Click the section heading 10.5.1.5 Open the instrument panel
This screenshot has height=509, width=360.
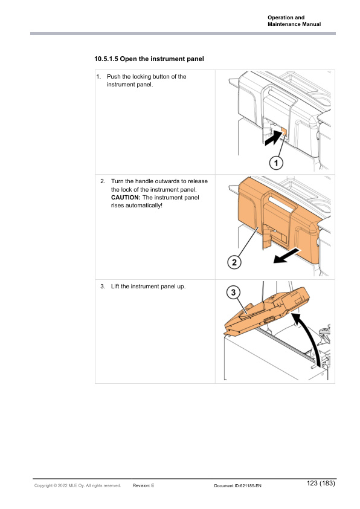point(149,59)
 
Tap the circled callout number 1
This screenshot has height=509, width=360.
point(276,163)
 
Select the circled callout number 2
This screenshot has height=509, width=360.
point(234,262)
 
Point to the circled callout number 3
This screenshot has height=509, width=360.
point(233,293)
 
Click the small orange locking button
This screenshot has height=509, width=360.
point(284,131)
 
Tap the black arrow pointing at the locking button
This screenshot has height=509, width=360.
point(273,138)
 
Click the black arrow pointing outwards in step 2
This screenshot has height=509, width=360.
point(287,256)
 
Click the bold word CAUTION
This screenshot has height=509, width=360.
point(126,197)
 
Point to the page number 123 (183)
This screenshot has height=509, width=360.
point(321,483)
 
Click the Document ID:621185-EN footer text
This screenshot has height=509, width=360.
point(238,486)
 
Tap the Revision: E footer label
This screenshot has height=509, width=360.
point(143,485)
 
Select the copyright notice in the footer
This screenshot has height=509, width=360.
point(77,485)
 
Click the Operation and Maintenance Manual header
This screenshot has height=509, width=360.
point(294,21)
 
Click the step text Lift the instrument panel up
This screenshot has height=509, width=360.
point(148,287)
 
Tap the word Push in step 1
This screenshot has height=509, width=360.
point(114,77)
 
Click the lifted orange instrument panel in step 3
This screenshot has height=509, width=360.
point(266,312)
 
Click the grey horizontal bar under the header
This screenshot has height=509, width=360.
point(183,33)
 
